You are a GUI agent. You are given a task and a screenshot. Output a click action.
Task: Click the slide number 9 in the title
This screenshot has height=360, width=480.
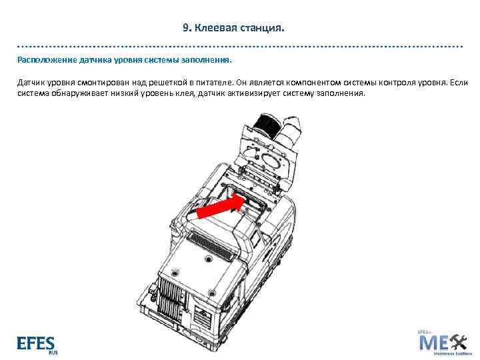(186, 29)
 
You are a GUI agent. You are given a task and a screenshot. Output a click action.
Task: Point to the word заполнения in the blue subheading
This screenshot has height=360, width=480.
(207, 59)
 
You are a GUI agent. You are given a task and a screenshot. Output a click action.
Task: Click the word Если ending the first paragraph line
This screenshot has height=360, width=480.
(460, 83)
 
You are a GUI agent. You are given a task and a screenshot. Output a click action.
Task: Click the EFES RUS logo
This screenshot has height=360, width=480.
(37, 344)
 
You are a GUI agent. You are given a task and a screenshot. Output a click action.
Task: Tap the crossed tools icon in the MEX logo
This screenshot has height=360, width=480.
(459, 343)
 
